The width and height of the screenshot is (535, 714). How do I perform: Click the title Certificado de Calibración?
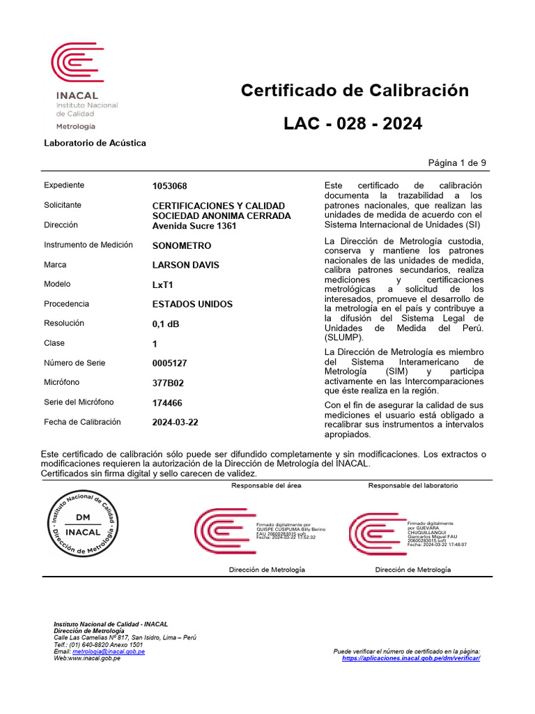(355, 91)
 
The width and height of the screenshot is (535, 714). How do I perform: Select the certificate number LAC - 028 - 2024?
(352, 124)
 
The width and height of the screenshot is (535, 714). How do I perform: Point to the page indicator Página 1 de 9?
(457, 162)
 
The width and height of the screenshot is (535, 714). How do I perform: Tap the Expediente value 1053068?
(169, 186)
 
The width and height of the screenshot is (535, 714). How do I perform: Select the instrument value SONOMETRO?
(181, 246)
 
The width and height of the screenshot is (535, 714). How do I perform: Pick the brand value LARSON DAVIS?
(186, 265)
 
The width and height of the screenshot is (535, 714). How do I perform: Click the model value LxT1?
(162, 284)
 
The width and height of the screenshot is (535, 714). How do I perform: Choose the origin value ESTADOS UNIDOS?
(192, 305)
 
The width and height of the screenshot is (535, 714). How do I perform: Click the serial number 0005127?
(169, 363)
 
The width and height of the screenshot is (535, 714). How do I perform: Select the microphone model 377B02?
(168, 383)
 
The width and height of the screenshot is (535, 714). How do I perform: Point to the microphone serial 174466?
(167, 402)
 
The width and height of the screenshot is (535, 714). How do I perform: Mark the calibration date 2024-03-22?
(175, 422)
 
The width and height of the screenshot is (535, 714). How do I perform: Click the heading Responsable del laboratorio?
(412, 485)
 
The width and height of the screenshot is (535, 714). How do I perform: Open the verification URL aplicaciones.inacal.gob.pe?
(411, 658)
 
